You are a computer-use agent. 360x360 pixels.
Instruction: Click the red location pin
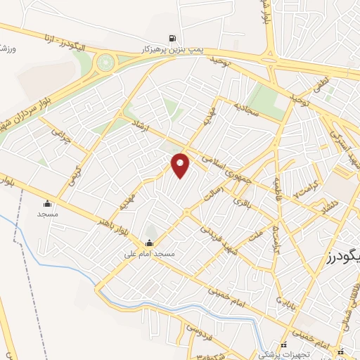[x=181, y=165]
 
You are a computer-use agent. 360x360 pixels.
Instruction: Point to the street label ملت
[x=256, y=230]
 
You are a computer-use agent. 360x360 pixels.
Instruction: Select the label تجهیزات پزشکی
[x=284, y=355]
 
